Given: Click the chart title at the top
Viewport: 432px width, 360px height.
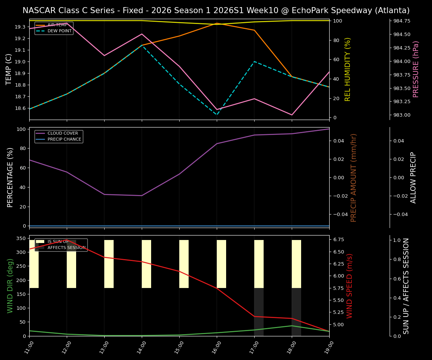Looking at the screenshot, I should pos(216,10).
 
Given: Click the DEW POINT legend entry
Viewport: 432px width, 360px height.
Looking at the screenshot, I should pos(59,31).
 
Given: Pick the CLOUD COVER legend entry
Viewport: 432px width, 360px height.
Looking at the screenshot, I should pos(63,133).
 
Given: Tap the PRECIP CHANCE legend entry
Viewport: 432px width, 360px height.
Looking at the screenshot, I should pos(64,139).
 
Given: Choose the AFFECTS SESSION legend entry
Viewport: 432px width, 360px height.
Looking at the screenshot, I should pos(66,248).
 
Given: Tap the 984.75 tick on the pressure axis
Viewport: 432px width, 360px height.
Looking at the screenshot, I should pos(401,21).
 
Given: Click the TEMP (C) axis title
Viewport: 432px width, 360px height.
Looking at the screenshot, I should pos(9,69).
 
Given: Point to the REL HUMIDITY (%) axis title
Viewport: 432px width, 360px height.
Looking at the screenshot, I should pos(348,69).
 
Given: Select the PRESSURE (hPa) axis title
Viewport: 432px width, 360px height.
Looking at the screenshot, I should pos(416,69).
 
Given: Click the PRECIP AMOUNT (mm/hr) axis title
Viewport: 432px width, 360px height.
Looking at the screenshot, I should pos(354,177).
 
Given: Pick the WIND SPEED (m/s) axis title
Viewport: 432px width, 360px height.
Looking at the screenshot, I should pos(349,286).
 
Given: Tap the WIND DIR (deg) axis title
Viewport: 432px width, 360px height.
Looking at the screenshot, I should pos(10,286).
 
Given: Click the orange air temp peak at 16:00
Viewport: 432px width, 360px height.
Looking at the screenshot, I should pos(217,23).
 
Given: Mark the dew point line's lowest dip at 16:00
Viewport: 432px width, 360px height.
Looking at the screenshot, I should pos(217,115).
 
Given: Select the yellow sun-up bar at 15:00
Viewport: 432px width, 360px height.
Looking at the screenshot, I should pos(184,264).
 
